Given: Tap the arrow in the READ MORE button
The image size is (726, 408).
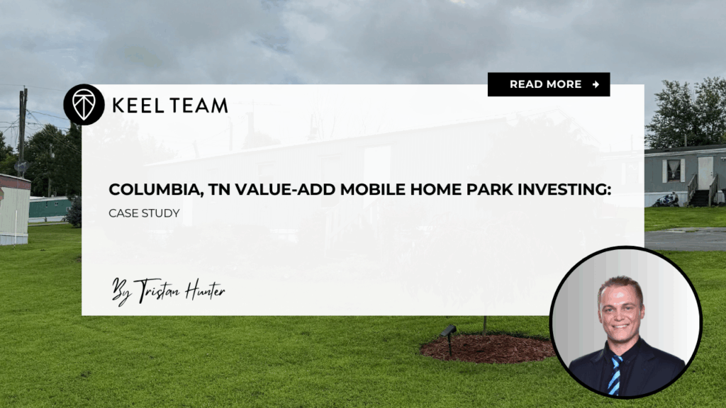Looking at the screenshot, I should click(x=596, y=84).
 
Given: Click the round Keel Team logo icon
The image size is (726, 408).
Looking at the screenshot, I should click(x=84, y=105).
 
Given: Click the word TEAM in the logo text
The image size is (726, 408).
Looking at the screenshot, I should click(x=199, y=106).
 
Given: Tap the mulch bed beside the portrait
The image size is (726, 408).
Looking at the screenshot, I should click(x=489, y=348).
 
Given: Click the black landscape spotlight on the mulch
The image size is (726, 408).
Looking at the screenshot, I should click(x=447, y=332).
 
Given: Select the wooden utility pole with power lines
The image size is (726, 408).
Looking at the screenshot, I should click(x=23, y=127).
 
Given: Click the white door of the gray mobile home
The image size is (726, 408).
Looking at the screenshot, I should click(x=705, y=173).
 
